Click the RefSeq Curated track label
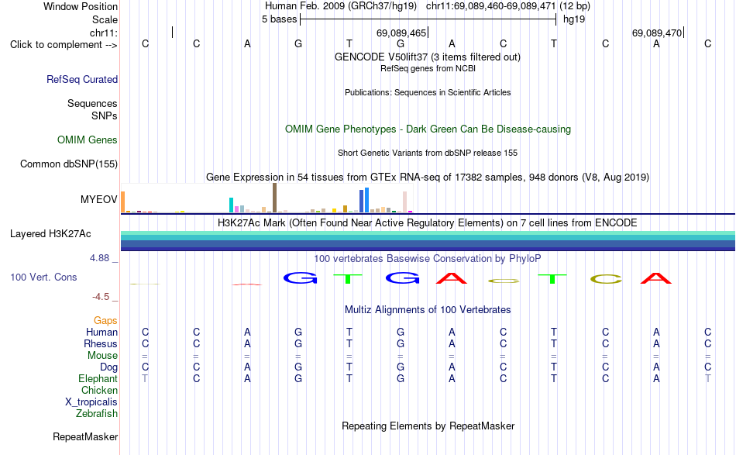pyautogui.click(x=82, y=79)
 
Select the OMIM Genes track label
pyautogui.click(x=88, y=140)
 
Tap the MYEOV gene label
pyautogui.click(x=99, y=199)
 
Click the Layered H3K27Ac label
pyautogui.click(x=50, y=234)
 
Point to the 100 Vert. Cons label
pyautogui.click(x=43, y=277)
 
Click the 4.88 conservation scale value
pyautogui.click(x=99, y=258)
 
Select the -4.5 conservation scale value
pyautogui.click(x=101, y=297)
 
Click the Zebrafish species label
pyautogui.click(x=97, y=414)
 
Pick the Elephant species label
pyautogui.click(x=98, y=378)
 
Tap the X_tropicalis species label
pyautogui.click(x=91, y=402)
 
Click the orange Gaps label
pyautogui.click(x=105, y=320)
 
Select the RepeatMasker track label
pyautogui.click(x=85, y=436)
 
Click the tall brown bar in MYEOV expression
pyautogui.click(x=274, y=198)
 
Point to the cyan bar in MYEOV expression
pyautogui.click(x=231, y=205)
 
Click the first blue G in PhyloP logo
pyautogui.click(x=301, y=278)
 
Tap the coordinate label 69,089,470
pyautogui.click(x=657, y=33)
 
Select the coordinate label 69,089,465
pyautogui.click(x=401, y=33)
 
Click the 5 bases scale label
pyautogui.click(x=279, y=19)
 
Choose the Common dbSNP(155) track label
pyautogui.click(x=69, y=164)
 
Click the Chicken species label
pyautogui.click(x=99, y=390)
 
